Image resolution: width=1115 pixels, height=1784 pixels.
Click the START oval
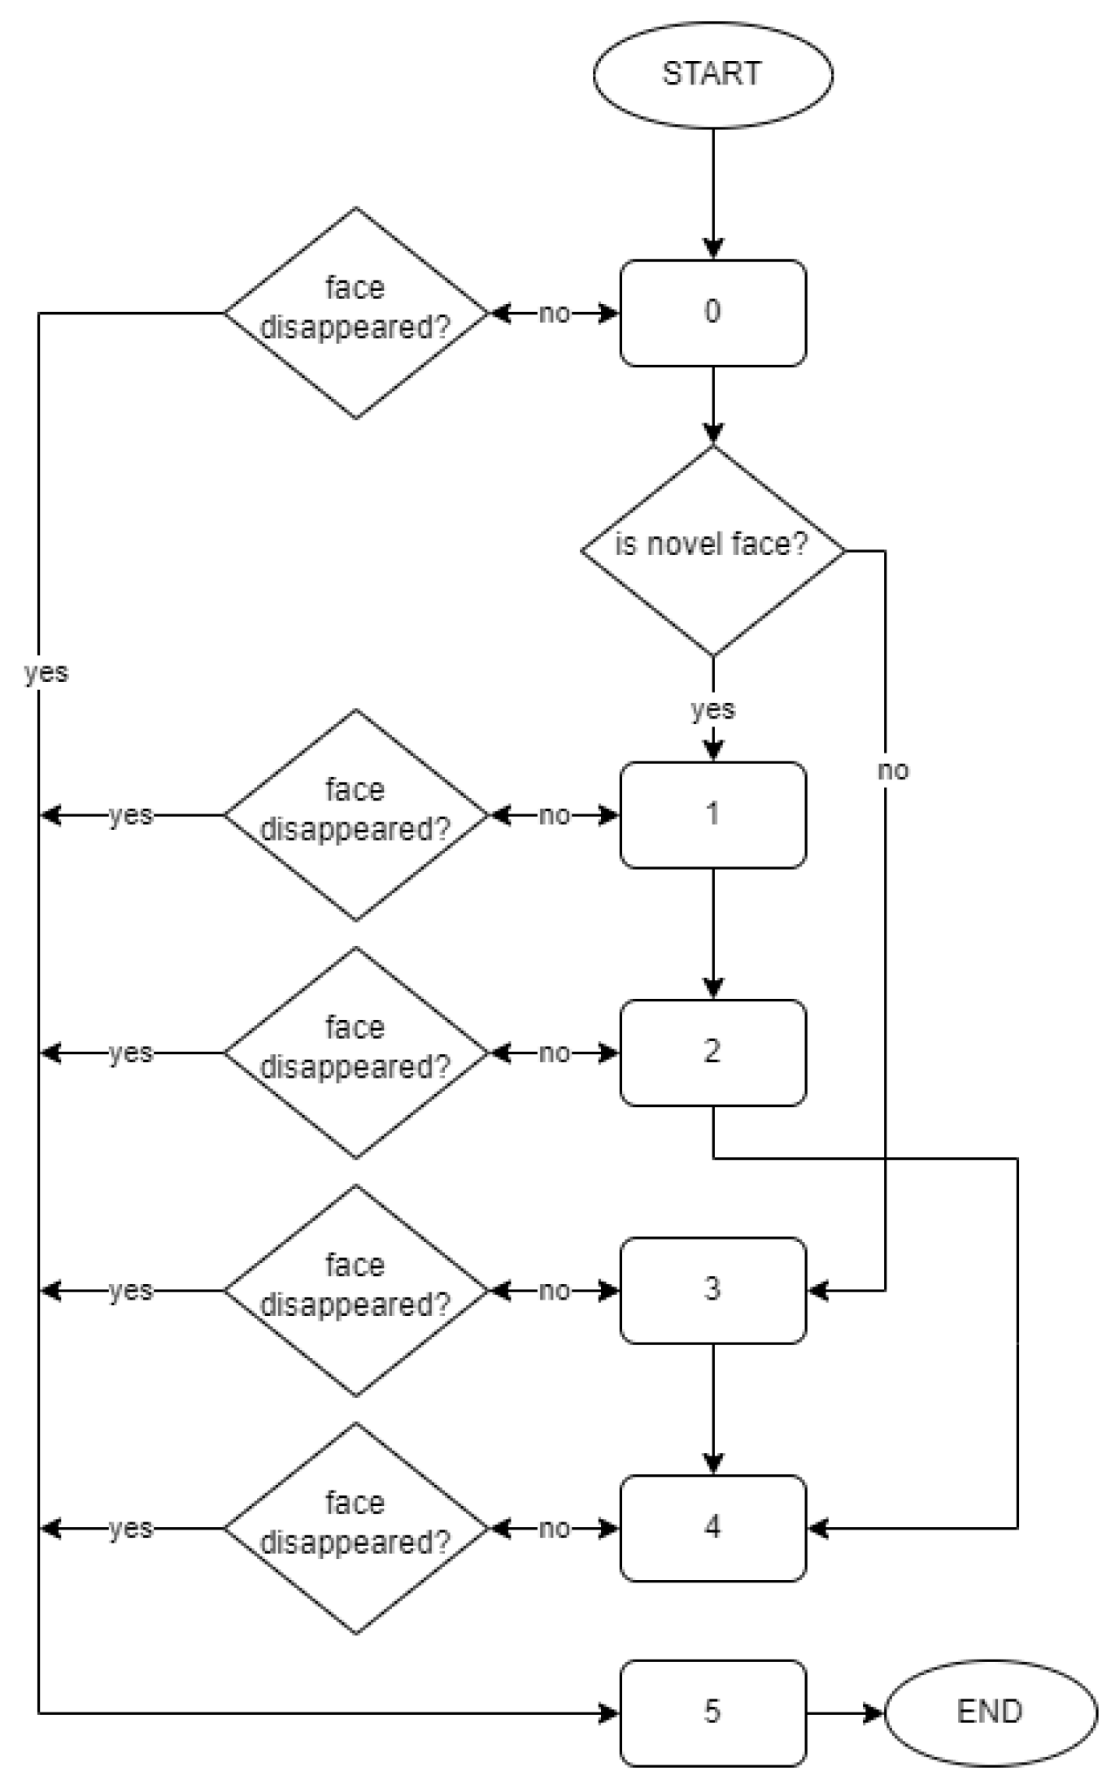[712, 74]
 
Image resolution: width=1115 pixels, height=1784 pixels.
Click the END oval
[990, 1712]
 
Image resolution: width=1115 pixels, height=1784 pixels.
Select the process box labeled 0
[712, 313]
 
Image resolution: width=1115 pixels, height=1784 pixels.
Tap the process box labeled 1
[712, 814]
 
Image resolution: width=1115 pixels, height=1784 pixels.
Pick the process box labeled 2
[712, 1053]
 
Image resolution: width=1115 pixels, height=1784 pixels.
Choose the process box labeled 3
[712, 1290]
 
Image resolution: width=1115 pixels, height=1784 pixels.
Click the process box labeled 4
[712, 1528]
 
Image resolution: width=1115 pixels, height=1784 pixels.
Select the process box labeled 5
[712, 1712]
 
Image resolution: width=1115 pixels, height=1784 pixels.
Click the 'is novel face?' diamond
[712, 550]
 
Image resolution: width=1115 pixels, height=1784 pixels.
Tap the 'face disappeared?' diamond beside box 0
[355, 313]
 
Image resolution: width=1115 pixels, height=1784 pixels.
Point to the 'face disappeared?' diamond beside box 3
[355, 1290]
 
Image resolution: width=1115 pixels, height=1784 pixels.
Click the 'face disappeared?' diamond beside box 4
[355, 1528]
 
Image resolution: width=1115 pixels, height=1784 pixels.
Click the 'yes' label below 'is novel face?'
[712, 709]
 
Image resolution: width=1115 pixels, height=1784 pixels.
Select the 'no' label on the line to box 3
[892, 770]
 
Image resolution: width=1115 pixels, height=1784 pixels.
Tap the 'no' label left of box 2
[554, 1053]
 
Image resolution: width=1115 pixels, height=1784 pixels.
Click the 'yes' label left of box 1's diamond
[131, 814]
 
